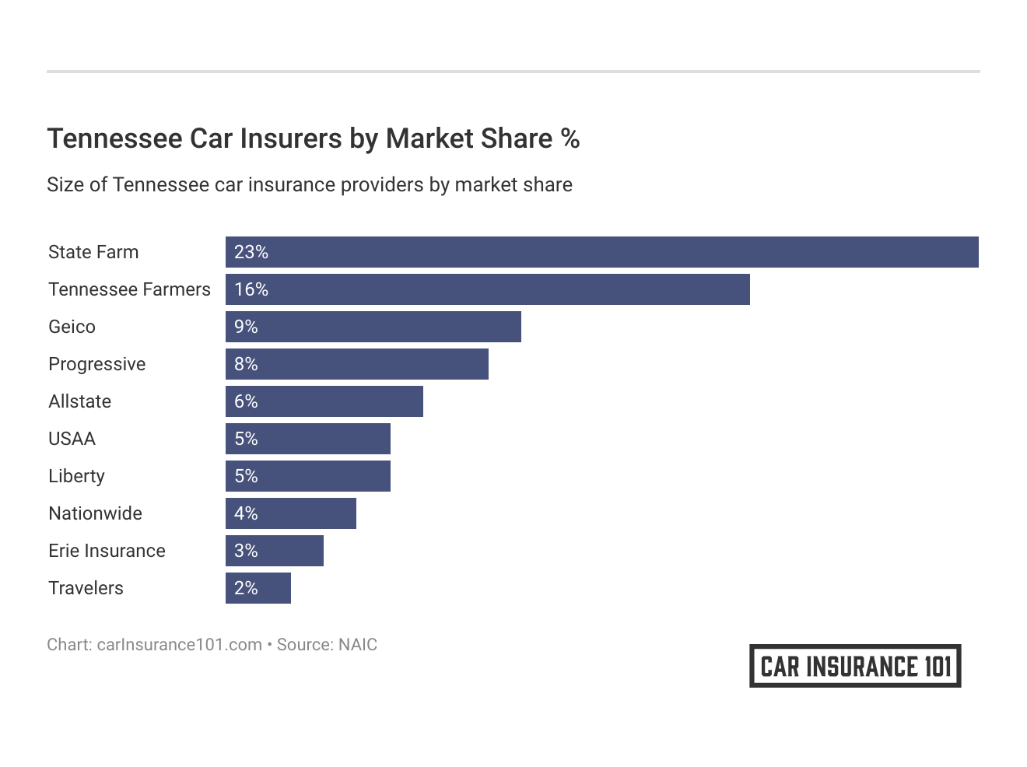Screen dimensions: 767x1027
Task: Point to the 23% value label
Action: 251,252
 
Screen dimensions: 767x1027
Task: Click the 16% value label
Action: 251,289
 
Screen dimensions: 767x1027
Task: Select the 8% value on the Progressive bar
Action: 246,364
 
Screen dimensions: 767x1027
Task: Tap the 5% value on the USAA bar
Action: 246,439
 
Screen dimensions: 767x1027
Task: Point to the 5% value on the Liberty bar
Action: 246,476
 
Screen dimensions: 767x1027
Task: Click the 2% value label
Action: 246,588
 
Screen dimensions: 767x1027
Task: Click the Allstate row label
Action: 79,401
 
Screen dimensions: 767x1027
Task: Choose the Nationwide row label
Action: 95,513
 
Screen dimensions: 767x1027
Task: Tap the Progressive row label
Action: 96,364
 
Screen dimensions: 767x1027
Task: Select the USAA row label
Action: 72,439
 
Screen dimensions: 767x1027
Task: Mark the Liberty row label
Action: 76,476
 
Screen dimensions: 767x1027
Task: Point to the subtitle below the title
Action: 309,185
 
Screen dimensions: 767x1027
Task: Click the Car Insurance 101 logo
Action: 855,666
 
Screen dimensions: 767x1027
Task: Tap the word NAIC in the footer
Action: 358,645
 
